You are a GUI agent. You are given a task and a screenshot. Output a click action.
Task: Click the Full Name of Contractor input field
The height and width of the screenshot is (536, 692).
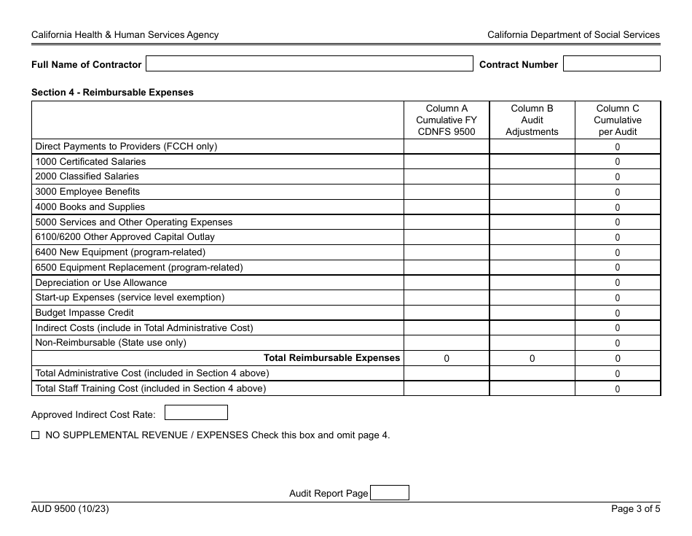pos(310,64)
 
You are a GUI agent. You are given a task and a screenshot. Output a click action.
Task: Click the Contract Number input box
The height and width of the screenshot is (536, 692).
pos(611,64)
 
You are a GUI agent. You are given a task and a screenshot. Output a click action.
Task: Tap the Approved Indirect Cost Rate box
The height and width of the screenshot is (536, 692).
pos(196,413)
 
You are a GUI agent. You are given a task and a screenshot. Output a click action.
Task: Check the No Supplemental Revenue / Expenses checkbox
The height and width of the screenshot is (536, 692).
pos(36,435)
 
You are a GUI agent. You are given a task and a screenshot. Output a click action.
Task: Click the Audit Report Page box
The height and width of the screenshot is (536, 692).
pos(390,493)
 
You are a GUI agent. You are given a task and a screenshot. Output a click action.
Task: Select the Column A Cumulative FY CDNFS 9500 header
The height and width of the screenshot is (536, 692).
pos(446,120)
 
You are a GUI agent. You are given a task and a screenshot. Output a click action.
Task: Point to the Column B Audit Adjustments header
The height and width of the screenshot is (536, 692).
pos(532,120)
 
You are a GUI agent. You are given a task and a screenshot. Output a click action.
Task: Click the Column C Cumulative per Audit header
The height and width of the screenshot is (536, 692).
pos(617,120)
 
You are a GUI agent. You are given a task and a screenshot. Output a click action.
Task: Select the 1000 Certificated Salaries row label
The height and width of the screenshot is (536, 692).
pos(90,162)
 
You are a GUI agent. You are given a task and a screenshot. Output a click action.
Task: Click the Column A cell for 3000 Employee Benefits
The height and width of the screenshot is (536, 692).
pos(446,192)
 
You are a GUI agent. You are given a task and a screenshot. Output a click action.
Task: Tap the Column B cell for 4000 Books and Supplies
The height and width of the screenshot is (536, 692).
pos(532,207)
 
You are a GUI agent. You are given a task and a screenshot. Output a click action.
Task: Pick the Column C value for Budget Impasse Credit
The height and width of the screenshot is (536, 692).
pos(617,313)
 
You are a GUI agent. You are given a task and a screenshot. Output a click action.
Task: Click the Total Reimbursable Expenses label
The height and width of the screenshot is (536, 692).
pos(331,358)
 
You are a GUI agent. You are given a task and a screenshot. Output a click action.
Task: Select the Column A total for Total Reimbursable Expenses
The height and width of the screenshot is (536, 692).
pos(446,358)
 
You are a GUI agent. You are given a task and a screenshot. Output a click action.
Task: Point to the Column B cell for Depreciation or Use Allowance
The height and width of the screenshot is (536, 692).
pos(532,283)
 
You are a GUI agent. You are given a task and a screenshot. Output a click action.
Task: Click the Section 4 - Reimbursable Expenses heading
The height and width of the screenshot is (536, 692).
pos(112,93)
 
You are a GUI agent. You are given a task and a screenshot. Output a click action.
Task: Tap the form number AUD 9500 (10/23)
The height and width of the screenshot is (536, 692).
pos(70,510)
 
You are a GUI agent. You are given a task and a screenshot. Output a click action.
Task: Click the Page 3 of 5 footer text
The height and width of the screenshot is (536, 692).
pos(635,510)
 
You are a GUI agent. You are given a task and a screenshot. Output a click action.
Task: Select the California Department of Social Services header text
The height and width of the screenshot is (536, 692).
pos(573,35)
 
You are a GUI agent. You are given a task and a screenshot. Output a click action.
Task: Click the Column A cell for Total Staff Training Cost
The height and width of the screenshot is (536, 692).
pos(446,389)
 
